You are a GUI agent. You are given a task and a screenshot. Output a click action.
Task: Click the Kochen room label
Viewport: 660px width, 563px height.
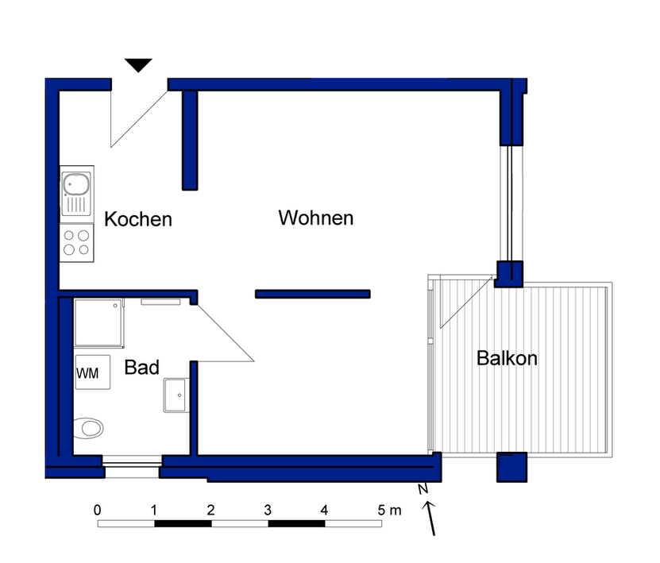[138, 219]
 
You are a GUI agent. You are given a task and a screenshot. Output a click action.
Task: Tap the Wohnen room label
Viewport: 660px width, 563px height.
[315, 218]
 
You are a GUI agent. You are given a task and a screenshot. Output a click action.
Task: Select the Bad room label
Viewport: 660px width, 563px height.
[142, 368]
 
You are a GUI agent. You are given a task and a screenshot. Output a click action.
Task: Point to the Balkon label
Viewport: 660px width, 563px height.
[507, 358]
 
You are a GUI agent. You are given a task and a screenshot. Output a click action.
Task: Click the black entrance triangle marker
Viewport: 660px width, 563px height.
[138, 65]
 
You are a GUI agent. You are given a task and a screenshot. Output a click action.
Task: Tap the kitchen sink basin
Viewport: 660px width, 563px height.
[76, 184]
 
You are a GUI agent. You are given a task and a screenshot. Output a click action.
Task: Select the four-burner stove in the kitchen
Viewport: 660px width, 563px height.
[76, 243]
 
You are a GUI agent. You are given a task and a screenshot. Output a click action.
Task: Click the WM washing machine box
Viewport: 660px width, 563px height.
[93, 372]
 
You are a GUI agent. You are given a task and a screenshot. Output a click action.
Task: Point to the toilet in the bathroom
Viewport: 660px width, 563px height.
[88, 428]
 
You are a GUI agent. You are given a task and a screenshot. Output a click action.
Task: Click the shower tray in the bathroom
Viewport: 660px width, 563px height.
[98, 322]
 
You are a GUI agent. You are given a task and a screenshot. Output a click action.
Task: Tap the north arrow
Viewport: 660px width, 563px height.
[430, 519]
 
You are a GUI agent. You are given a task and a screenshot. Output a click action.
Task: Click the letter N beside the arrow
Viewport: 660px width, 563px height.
[423, 489]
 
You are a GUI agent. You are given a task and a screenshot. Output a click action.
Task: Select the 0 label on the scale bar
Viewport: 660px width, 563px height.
[97, 510]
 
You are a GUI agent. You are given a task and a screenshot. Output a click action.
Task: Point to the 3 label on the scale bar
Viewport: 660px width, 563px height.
[268, 510]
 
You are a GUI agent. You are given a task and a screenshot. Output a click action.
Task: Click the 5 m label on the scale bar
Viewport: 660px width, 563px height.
[389, 510]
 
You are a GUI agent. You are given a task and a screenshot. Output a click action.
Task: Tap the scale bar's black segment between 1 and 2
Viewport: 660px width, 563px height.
[183, 524]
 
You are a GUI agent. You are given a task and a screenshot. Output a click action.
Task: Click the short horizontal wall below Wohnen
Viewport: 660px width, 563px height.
[313, 294]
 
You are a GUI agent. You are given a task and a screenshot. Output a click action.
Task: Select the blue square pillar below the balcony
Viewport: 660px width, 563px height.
[511, 467]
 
